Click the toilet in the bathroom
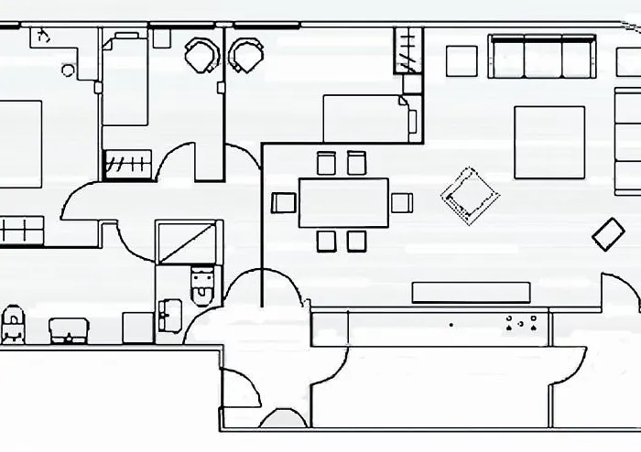tap(201, 285)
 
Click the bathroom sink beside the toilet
tap(168, 314)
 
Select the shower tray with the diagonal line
tap(188, 242)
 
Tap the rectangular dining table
tap(343, 202)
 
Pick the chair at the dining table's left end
tap(284, 202)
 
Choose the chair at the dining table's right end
tap(402, 202)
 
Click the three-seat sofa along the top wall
tap(541, 58)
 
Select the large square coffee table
tap(549, 142)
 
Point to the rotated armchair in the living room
tap(470, 194)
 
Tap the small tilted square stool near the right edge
tap(608, 234)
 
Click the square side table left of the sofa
tap(462, 60)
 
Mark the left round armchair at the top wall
tap(201, 56)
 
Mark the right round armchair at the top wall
tap(245, 56)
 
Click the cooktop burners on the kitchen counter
tap(520, 323)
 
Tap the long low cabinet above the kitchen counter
tap(471, 292)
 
